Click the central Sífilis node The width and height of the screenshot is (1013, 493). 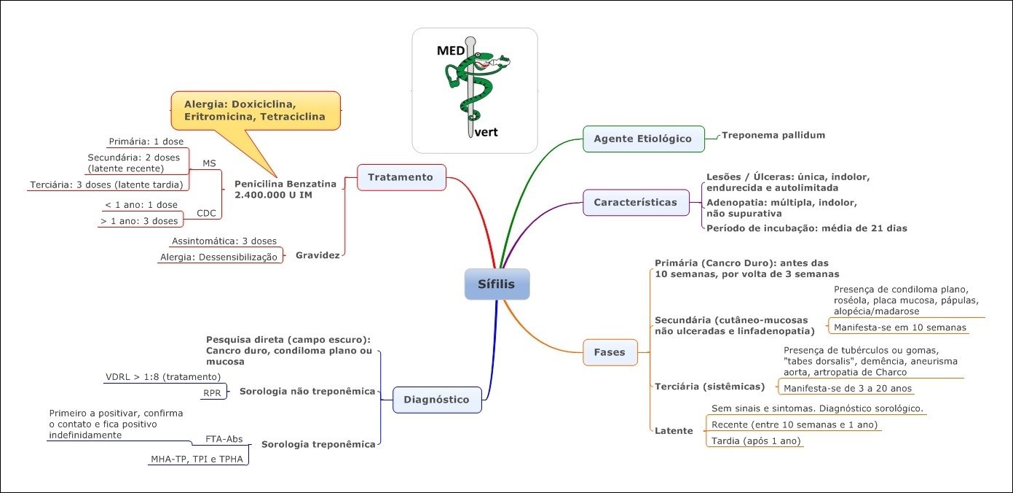click(x=497, y=284)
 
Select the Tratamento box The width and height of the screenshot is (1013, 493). click(x=401, y=177)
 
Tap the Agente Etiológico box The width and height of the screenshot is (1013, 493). click(x=643, y=139)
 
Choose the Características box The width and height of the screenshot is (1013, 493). click(x=636, y=202)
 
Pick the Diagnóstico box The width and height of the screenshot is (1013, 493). click(x=437, y=399)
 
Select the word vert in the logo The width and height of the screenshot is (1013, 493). click(x=486, y=133)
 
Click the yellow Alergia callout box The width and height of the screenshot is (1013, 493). click(x=255, y=110)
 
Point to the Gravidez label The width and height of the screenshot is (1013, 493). click(x=318, y=256)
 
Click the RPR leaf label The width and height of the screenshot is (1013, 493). click(x=211, y=393)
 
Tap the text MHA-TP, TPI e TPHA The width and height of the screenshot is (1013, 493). click(x=197, y=459)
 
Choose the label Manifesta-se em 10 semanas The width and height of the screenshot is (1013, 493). click(x=899, y=327)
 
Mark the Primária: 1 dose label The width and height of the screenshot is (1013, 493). click(x=146, y=141)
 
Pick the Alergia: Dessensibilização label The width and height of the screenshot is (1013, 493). click(x=218, y=257)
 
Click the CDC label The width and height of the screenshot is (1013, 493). click(x=206, y=213)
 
